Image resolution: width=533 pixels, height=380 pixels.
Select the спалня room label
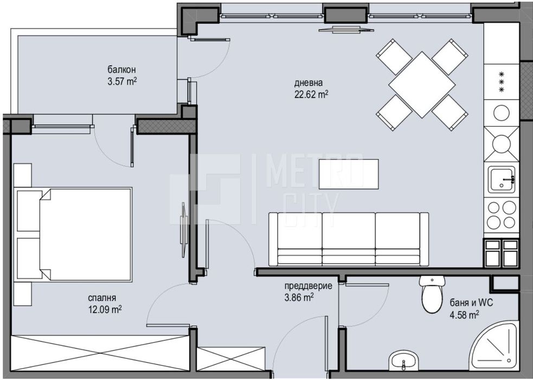click(102, 297)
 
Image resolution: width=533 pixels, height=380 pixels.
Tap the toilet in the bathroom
click(432, 295)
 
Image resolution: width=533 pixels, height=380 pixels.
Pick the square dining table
click(422, 85)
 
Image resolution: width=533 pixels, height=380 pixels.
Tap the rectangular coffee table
click(349, 174)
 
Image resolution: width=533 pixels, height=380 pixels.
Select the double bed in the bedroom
click(76, 235)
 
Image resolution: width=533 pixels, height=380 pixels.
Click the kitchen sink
click(502, 180)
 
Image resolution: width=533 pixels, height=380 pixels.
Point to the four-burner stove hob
click(502, 215)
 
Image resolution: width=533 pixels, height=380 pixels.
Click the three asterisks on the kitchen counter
click(502, 81)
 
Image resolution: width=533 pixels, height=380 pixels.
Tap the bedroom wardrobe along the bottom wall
click(100, 353)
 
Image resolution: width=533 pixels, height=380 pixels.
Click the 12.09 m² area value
click(105, 309)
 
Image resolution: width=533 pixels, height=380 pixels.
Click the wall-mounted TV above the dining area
click(346, 29)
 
